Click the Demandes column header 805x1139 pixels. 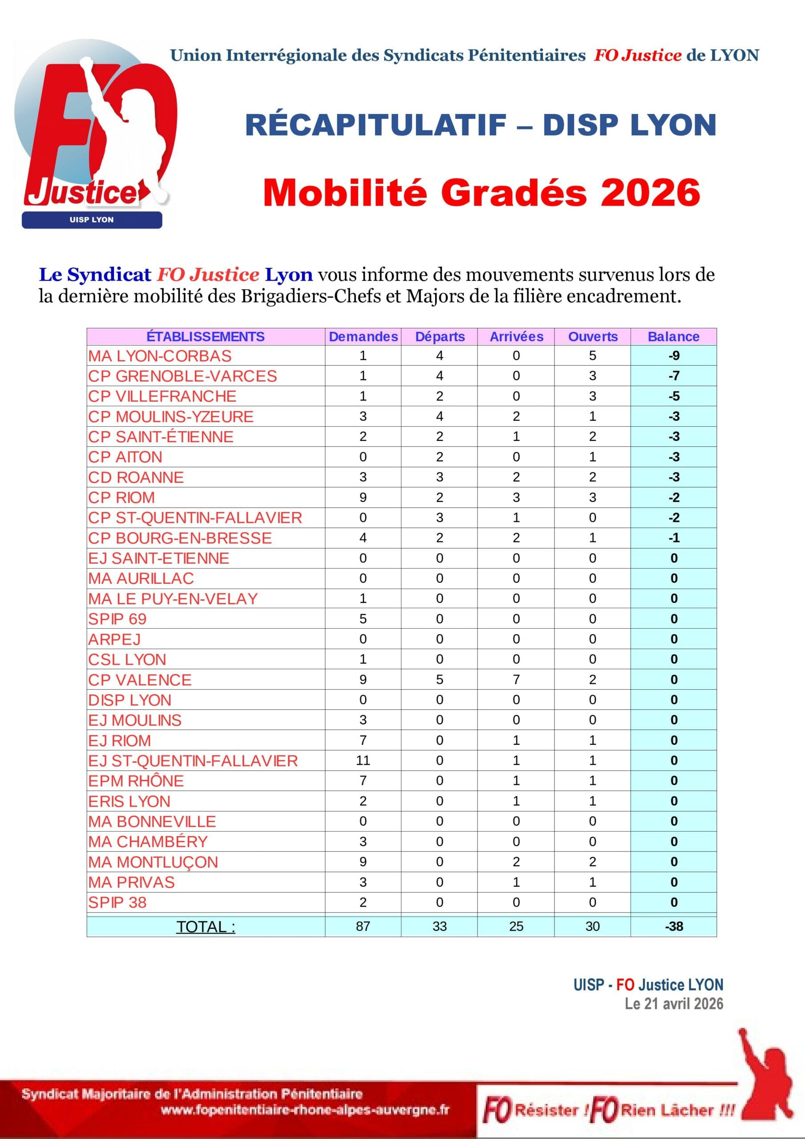point(363,336)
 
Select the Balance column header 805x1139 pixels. point(673,336)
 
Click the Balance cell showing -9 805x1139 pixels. point(673,355)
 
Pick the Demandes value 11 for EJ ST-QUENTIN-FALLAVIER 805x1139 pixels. point(363,760)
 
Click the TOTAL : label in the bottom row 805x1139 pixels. point(206,926)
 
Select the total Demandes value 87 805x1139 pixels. point(363,926)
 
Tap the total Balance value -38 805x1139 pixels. point(673,926)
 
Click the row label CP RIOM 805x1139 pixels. point(121,497)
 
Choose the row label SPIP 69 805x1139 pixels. point(117,618)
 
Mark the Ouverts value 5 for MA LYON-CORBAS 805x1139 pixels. point(593,355)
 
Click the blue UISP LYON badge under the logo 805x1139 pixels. point(92,220)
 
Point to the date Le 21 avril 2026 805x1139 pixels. point(673,1003)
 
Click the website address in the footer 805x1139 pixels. point(305,1109)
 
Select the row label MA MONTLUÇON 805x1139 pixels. point(153,862)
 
